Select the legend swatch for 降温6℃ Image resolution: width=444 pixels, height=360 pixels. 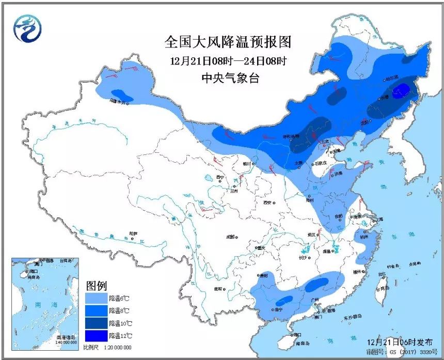click(x=97, y=299)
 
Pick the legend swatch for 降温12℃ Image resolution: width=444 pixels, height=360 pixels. click(x=97, y=336)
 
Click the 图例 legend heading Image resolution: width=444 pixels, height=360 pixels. click(x=96, y=285)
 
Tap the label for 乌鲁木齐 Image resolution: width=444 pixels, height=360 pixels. click(x=118, y=102)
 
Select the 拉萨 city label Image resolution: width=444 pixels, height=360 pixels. click(x=134, y=233)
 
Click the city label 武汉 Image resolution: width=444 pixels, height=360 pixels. click(x=311, y=234)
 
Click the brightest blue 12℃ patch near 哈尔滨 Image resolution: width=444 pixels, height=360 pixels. click(x=399, y=92)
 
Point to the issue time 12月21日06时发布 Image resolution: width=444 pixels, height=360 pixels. click(x=396, y=342)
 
